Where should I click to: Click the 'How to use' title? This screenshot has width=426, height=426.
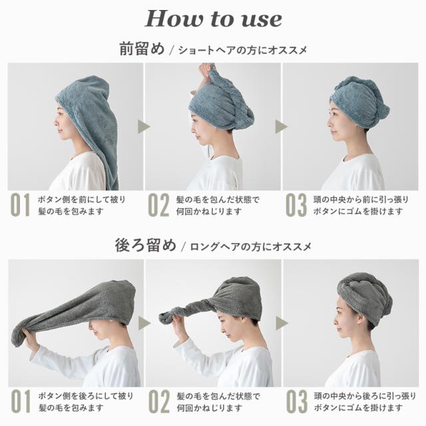tap(213, 19)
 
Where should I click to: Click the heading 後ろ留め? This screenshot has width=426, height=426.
tap(145, 246)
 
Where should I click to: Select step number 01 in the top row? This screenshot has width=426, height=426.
tap(20, 206)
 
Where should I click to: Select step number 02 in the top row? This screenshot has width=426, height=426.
tap(158, 206)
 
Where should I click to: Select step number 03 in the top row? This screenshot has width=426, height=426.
tap(296, 206)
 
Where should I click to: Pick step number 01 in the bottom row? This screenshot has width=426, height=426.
tap(20, 403)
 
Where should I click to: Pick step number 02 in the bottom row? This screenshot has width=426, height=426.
tap(158, 403)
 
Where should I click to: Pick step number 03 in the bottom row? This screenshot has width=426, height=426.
tap(296, 403)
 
